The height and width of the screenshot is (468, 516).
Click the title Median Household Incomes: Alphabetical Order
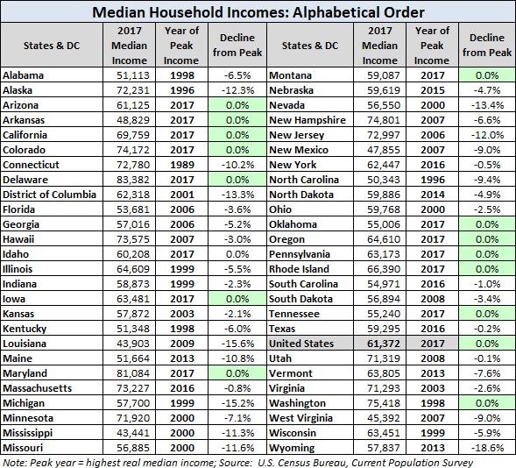[258, 12]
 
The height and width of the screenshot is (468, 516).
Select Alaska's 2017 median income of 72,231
[133, 90]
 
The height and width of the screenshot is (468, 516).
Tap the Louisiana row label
[25, 344]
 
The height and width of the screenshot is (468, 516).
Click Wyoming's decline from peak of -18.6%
[487, 448]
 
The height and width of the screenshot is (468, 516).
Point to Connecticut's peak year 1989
[182, 165]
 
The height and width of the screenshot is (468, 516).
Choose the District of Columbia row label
[49, 195]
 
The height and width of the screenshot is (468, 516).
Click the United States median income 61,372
[384, 344]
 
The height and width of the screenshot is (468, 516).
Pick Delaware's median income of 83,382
[133, 180]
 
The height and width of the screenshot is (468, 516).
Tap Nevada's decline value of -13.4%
[487, 105]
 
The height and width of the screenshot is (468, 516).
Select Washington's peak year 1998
[433, 403]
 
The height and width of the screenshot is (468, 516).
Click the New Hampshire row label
[307, 120]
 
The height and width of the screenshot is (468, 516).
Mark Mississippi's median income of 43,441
[133, 433]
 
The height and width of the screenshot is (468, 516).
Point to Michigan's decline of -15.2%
[237, 403]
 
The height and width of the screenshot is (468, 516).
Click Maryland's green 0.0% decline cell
[237, 373]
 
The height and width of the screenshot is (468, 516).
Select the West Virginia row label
[300, 418]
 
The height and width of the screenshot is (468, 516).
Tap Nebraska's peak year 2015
[433, 90]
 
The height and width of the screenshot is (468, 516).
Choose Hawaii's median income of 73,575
[133, 239]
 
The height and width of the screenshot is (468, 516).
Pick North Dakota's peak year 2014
[433, 195]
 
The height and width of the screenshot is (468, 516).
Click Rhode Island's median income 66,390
[384, 269]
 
